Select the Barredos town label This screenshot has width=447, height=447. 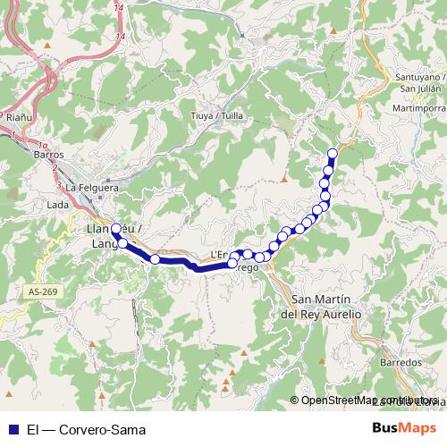click(x=400, y=363)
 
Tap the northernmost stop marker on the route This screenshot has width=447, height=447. click(x=333, y=153)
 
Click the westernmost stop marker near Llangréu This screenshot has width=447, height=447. click(x=115, y=229)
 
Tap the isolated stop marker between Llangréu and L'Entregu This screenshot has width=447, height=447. click(x=155, y=259)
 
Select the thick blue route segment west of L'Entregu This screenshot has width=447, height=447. click(x=192, y=265)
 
